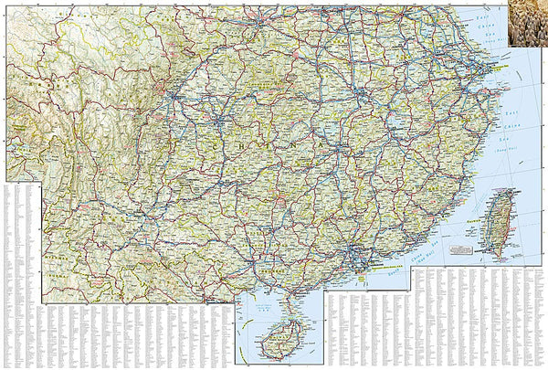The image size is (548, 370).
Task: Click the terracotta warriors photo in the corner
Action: click(x=528, y=17)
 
